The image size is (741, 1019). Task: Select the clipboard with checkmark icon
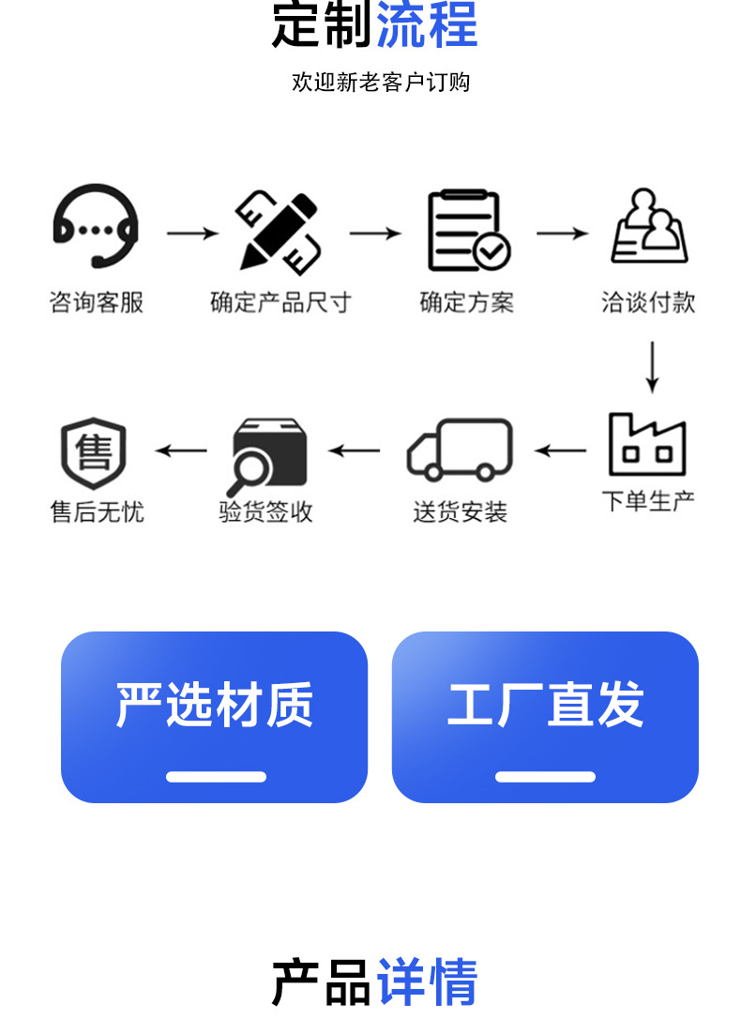coord(468,230)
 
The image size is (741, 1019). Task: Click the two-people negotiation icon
coord(649,227)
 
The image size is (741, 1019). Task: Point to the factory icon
coord(647,445)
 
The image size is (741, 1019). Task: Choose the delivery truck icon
coord(460,450)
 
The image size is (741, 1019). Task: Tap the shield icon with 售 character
coord(93,453)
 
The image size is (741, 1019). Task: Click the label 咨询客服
coord(96,302)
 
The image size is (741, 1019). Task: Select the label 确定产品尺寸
coord(280,302)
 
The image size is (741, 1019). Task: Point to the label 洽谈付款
coord(648,302)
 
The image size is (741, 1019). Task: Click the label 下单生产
coord(648,500)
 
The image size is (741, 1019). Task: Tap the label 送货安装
coord(460,512)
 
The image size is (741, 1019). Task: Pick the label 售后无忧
coord(97,512)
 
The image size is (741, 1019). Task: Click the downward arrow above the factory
coord(652,368)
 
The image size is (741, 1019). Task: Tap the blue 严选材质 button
coord(214,717)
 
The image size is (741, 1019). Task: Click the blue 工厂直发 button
coord(545,717)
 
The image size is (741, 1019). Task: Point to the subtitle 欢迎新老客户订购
coord(381,83)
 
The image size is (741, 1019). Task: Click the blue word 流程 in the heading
coord(427,25)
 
